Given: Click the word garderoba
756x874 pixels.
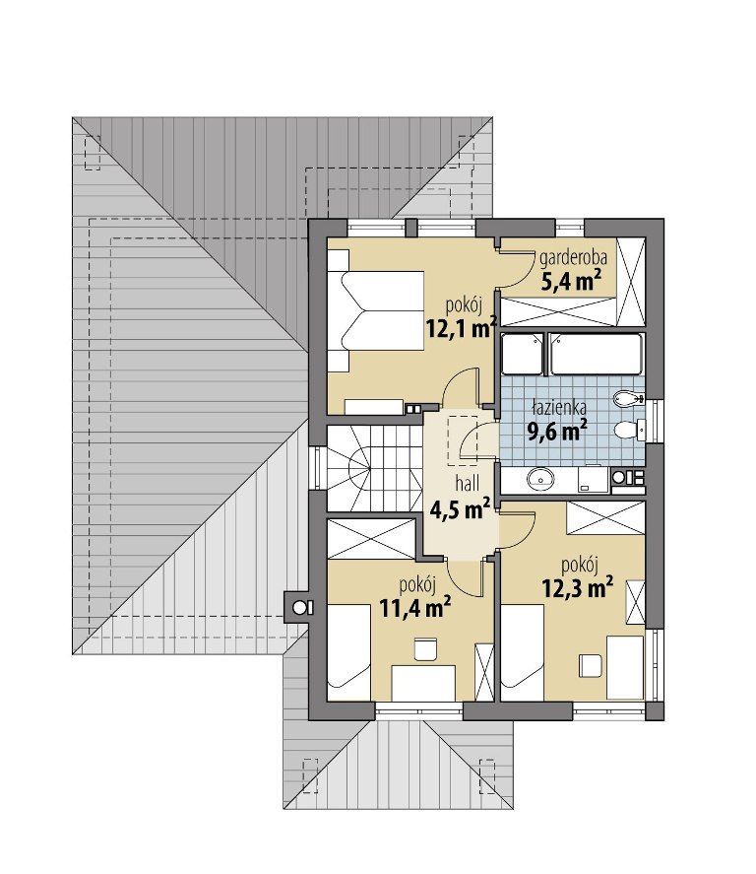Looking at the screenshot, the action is pos(573,258).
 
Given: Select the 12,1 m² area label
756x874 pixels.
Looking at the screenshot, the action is pos(462,328).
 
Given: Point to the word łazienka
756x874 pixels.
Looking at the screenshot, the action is pos(559,408).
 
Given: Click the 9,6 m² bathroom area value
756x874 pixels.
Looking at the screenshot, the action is pos(557,431).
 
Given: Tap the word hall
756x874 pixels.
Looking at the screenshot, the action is pos(467,484).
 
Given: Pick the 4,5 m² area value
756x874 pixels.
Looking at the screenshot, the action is pos(460,508).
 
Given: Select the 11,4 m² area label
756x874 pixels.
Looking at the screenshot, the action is pos(415,608).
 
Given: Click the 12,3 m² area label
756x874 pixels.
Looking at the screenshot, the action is pos(578,587).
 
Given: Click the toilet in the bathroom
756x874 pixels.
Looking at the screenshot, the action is pos(628,430).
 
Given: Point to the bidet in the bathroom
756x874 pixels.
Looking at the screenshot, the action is pos(628,398).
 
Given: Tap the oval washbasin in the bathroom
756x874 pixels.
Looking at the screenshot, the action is pos(540,479).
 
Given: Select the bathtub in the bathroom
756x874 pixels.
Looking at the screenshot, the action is pos(596,354).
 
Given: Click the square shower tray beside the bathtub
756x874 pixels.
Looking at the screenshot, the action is pos(522,354).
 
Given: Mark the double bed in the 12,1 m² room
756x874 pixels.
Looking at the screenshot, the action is pos(376,310).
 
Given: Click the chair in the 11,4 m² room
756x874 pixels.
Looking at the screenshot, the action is pos(425,649).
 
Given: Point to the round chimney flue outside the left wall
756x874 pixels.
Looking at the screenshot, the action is pos(300,606).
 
